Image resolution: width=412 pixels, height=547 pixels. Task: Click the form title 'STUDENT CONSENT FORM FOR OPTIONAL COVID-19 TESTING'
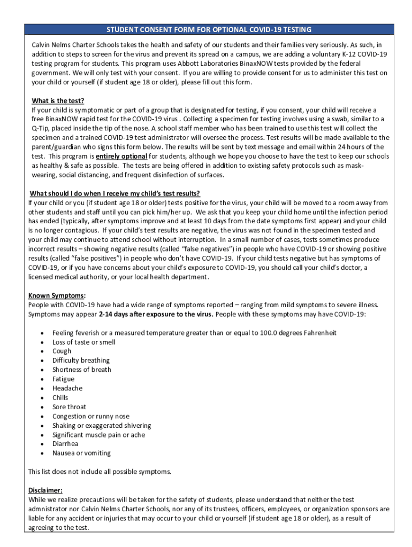tap(209, 29)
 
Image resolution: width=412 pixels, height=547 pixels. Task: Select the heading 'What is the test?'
tap(58, 101)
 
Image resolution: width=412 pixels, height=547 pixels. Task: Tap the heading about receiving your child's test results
tap(115, 193)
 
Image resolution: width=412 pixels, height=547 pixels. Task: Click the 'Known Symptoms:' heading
tap(57, 295)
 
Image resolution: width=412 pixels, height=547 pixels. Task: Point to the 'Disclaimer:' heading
tap(45, 490)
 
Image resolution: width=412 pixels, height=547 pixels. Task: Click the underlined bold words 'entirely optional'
tap(121, 157)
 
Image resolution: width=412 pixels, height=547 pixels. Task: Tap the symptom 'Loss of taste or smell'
tap(83, 342)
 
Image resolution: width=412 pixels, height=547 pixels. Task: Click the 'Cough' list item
tap(62, 351)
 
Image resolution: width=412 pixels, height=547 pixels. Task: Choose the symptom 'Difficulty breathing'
tap(81, 361)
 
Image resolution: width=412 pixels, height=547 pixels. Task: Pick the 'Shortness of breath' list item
tap(82, 370)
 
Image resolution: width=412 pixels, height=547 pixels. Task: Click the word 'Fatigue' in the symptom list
tap(63, 379)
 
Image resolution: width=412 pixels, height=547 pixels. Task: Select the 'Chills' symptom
tap(60, 397)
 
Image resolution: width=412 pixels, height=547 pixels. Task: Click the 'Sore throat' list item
tap(69, 407)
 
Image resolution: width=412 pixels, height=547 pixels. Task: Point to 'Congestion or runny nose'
tap(90, 416)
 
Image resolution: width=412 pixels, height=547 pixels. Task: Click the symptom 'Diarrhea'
tap(65, 444)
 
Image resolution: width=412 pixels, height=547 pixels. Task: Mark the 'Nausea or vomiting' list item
tap(81, 453)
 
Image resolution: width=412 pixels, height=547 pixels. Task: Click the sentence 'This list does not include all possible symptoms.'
tap(100, 472)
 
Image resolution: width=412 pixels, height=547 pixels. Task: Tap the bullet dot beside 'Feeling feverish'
tap(42, 333)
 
